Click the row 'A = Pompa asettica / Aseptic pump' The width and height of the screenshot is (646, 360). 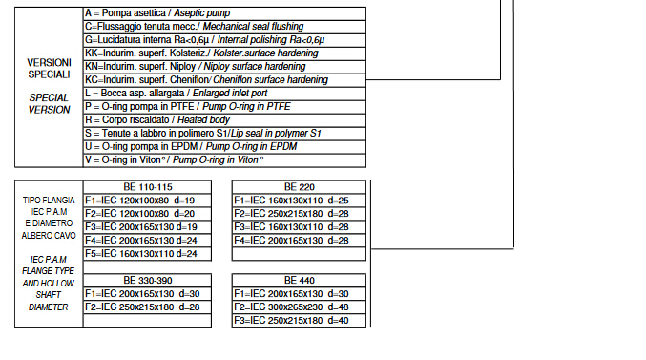point(224,13)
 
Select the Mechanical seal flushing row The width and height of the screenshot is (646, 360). point(224,27)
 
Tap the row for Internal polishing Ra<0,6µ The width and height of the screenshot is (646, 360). point(224,40)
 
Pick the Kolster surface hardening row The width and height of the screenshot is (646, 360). point(224,53)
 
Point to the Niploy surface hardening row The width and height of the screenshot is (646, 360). point(224,67)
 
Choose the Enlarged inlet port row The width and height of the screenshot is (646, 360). point(224,94)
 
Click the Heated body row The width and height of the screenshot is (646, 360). point(224,120)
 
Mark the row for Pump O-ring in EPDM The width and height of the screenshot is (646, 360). point(224,147)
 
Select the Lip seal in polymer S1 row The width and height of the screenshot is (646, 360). point(224,134)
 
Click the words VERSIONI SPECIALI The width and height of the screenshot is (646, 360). point(49,69)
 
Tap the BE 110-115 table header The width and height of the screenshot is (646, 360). point(148,187)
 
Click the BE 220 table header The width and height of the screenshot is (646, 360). point(299,187)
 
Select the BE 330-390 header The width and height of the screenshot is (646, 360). point(148,281)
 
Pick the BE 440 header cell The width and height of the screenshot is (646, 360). point(299,281)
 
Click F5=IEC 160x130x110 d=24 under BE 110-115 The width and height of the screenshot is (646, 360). point(141,254)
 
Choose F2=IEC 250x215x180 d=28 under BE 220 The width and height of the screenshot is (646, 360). point(291,214)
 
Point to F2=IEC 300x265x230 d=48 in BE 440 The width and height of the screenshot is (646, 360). point(291,307)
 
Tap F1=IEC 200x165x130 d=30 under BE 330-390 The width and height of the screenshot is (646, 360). point(142,293)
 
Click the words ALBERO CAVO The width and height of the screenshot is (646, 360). point(49,236)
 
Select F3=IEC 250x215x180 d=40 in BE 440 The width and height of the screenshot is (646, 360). point(291,321)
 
